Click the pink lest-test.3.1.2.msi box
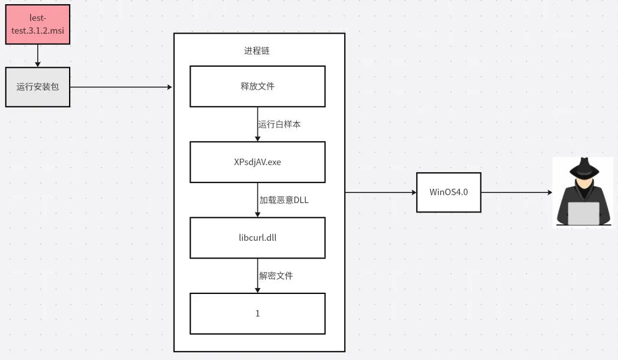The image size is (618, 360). pos(38,24)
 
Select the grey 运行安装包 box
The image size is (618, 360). pos(38,87)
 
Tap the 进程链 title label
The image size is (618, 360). pos(257,51)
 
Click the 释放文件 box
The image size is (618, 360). pos(257,86)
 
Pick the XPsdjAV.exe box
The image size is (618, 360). pos(257,162)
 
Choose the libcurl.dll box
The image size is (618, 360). pos(257,238)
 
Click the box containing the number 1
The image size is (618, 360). pos(257,313)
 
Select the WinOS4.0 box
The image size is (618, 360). pos(449,192)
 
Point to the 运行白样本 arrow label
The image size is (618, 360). pos(279,125)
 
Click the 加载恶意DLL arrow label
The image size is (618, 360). pos(284,200)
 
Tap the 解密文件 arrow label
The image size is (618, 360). pos(276,276)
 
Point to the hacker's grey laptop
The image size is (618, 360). pos(583,213)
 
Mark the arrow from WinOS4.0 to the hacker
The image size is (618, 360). pos(516,192)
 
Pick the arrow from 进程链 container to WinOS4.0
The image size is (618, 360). pos(381,192)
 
